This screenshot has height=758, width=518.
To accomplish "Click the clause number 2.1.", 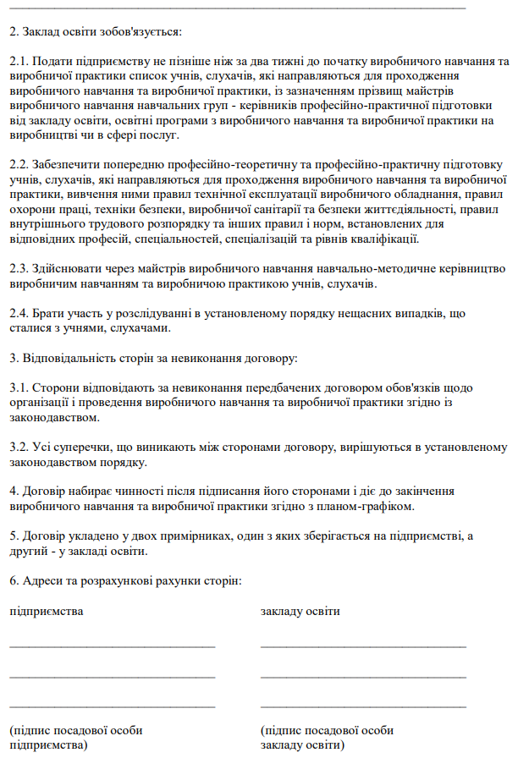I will pyautogui.click(x=20, y=62).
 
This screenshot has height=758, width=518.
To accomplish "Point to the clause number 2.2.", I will pyautogui.click(x=20, y=164).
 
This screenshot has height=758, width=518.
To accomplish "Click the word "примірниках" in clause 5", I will pyautogui.click(x=199, y=536).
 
